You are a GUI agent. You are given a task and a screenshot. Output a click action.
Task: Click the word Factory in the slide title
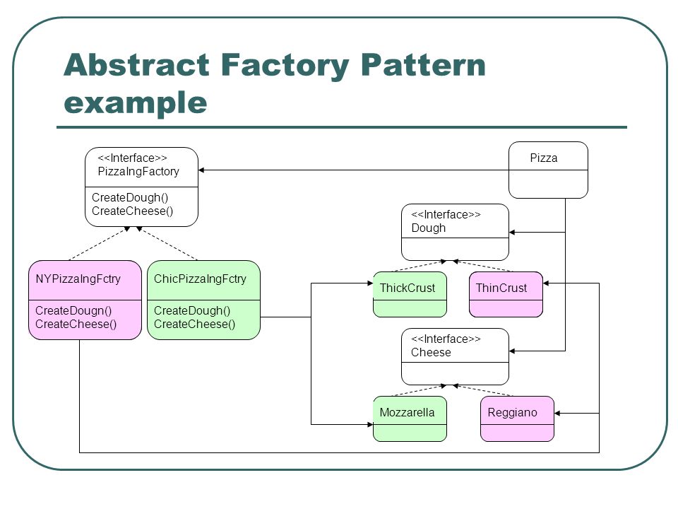tap(285, 66)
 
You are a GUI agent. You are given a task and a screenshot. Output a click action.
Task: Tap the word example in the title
tap(136, 103)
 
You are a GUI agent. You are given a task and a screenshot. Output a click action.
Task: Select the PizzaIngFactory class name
tap(138, 171)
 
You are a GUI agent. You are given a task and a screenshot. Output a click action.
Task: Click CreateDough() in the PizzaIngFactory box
tap(130, 197)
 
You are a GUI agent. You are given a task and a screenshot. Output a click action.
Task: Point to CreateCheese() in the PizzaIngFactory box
tap(132, 211)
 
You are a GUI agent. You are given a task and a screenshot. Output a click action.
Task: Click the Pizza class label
tap(544, 158)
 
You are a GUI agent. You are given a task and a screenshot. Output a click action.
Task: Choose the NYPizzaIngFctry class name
tap(78, 279)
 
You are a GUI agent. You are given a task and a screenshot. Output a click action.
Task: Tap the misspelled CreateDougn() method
tap(73, 310)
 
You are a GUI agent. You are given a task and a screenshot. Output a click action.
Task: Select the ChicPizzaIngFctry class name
tap(200, 279)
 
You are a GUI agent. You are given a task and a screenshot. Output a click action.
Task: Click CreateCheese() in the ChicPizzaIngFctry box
tap(195, 324)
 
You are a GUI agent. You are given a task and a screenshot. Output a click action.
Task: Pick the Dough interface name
tap(429, 228)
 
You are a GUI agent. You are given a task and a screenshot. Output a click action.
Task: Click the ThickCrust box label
tap(408, 288)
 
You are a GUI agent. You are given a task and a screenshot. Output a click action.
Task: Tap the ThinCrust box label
tap(501, 288)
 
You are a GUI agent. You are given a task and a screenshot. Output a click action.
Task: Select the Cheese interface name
tap(431, 352)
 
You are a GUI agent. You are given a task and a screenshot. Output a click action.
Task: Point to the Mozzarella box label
tap(407, 412)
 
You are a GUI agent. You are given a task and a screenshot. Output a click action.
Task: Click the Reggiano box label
tap(513, 412)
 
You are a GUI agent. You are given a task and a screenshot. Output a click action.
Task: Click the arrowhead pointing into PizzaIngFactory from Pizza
tap(201, 170)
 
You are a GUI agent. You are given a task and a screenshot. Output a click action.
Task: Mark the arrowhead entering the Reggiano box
tap(557, 414)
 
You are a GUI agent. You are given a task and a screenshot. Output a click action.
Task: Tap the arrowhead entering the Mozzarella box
tap(370, 425)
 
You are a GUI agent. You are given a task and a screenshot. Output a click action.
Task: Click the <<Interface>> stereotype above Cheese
tap(446, 339)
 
